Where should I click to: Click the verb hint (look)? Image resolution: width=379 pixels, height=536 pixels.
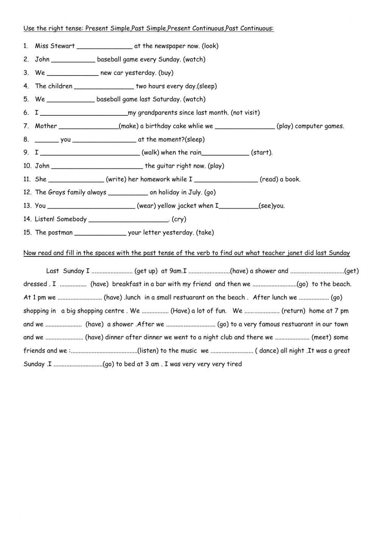point(210,46)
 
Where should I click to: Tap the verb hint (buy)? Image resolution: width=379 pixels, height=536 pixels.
point(166,72)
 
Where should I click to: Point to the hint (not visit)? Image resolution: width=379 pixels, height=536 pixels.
point(245,112)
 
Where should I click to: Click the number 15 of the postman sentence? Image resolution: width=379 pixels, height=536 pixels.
point(27,233)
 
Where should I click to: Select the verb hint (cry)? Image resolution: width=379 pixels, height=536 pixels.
point(179,219)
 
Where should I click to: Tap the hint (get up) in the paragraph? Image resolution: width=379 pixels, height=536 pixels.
point(146,271)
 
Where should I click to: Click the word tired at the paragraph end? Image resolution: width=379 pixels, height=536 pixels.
point(234,364)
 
